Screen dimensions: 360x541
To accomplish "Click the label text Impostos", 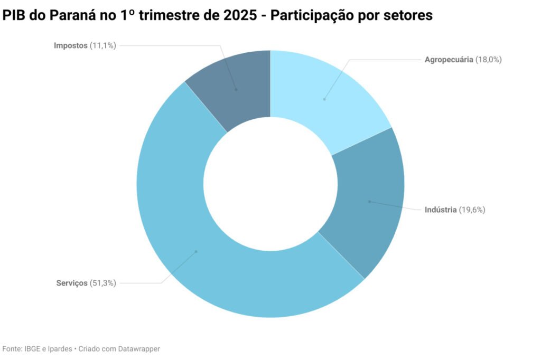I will pos(70,45).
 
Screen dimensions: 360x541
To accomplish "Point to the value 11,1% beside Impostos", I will pos(102,45).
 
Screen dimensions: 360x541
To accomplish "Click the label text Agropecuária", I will pos(449,60).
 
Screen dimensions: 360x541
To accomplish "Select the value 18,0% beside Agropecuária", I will pos(489,60).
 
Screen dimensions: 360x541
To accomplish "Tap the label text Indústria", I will pos(441,210).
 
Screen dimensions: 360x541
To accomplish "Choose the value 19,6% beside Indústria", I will pos(472,210).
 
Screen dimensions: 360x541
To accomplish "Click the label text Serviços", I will pos(71,283).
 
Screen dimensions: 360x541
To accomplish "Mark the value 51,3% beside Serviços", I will pos(102,283).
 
